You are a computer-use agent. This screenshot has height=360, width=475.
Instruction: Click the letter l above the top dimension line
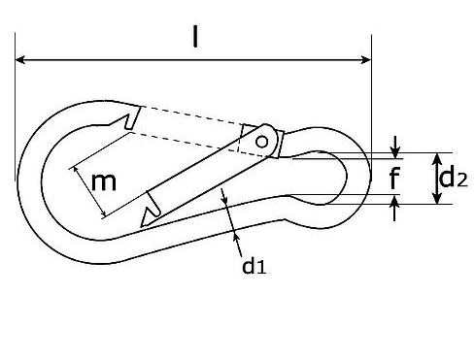point(194,37)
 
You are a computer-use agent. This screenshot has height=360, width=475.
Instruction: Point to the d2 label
point(450,178)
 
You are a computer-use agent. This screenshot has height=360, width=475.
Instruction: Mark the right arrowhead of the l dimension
point(366,61)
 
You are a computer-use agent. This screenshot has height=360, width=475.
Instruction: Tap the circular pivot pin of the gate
point(261,141)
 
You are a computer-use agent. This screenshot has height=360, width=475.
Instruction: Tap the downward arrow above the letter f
point(394,149)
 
